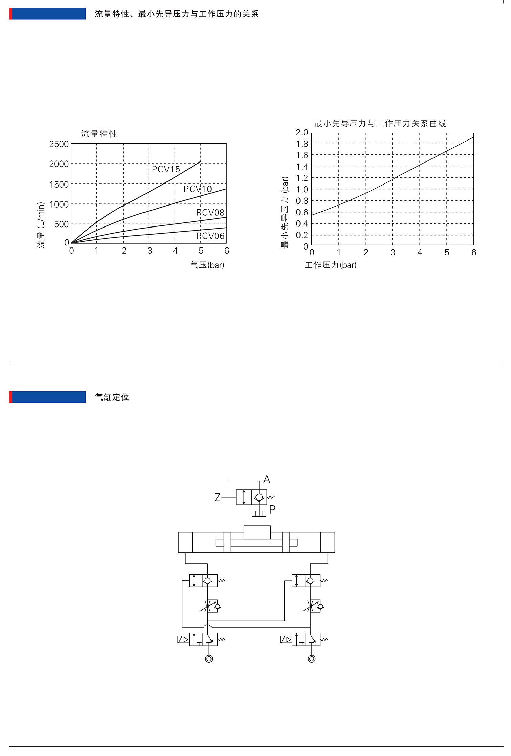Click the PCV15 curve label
click(x=166, y=169)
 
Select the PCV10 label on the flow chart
click(x=198, y=189)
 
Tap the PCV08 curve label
click(x=210, y=213)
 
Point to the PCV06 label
click(x=210, y=236)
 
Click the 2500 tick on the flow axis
click(x=59, y=144)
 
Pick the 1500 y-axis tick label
click(x=59, y=185)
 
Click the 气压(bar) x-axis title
click(x=207, y=265)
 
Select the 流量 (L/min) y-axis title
click(x=41, y=225)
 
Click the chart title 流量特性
click(x=99, y=134)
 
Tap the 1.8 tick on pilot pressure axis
click(x=302, y=144)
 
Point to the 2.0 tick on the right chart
click(x=302, y=132)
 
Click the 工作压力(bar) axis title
click(x=331, y=265)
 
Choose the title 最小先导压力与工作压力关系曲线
click(x=380, y=124)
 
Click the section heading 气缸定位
click(x=112, y=397)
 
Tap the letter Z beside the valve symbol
click(x=218, y=497)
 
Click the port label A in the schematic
click(x=267, y=480)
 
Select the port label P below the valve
click(x=272, y=509)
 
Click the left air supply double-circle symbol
click(x=209, y=658)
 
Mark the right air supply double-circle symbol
click(x=312, y=658)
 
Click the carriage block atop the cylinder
click(x=257, y=532)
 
